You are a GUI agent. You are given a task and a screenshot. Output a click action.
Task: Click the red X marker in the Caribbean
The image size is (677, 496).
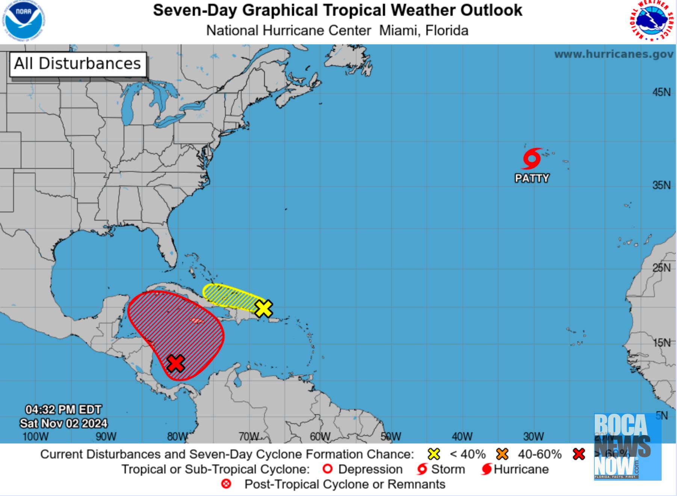[176, 363]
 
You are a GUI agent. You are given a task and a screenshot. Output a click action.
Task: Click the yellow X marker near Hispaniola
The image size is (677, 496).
[264, 308]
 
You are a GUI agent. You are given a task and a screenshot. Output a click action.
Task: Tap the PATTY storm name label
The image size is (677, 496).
[532, 178]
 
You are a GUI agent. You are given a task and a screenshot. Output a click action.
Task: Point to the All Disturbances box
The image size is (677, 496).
[78, 64]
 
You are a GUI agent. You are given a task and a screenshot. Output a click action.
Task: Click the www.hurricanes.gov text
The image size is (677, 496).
[614, 54]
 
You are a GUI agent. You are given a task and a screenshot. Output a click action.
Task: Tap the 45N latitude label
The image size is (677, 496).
[661, 92]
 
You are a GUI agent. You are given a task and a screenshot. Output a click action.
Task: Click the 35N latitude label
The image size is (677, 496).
[661, 185]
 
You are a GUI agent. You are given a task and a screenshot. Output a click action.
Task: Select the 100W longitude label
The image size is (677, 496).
[35, 437]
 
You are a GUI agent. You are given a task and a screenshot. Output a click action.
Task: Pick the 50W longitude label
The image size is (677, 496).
[391, 437]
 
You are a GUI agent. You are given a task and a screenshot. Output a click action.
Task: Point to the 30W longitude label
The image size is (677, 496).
[533, 437]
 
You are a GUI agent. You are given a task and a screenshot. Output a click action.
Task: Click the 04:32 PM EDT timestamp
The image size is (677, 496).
[63, 409]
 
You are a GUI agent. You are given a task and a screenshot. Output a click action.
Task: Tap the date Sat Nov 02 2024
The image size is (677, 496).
[63, 424]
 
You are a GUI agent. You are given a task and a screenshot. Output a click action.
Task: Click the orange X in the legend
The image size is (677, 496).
[502, 454]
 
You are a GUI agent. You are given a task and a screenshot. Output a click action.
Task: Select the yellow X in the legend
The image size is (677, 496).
[434, 454]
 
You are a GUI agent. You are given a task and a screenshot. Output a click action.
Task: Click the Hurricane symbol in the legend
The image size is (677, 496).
[487, 469]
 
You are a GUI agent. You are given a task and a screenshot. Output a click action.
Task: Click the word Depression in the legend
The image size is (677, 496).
[370, 469]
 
